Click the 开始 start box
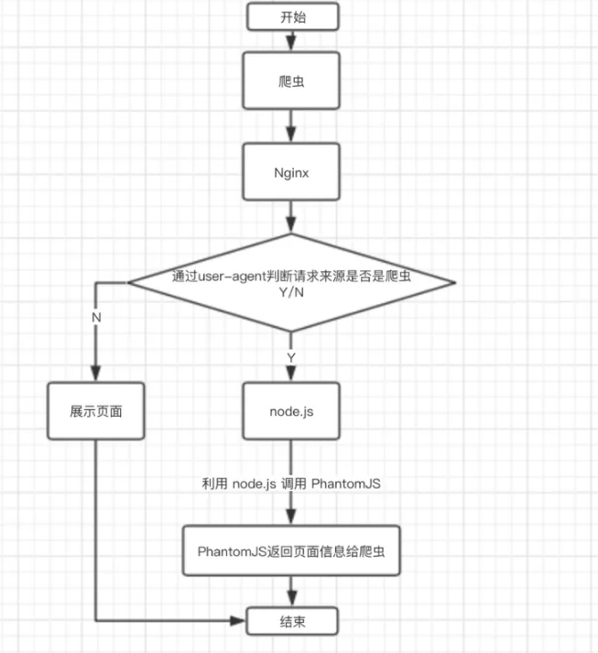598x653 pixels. [292, 16]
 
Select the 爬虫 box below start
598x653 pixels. [291, 81]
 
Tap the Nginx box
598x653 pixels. [291, 171]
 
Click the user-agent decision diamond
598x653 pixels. [291, 283]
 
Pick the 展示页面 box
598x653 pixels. [96, 411]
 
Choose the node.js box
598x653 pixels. [291, 411]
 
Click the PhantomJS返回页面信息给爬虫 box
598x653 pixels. [291, 551]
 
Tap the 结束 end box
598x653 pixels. [292, 621]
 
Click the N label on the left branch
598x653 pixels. [96, 317]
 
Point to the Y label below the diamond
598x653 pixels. [291, 357]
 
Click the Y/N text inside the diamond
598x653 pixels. [291, 292]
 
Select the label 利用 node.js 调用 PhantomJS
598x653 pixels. [291, 484]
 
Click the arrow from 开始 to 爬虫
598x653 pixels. [291, 41]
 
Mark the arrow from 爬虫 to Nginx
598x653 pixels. [291, 125]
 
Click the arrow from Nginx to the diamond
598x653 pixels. [291, 216]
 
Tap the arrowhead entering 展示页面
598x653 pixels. [96, 374]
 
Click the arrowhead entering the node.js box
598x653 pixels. [291, 374]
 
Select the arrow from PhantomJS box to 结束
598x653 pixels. [291, 592]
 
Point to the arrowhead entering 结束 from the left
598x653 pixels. [238, 621]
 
